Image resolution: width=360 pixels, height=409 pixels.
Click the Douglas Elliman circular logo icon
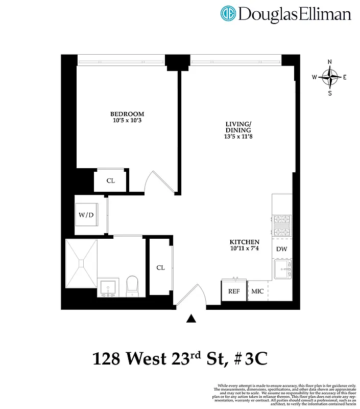coord(228,14)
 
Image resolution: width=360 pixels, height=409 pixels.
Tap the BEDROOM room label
coord(127,114)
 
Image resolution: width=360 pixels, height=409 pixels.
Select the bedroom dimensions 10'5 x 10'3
coord(127,121)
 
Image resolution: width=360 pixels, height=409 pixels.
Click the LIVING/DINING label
coord(238,127)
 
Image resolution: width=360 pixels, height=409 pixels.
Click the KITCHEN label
coord(245,242)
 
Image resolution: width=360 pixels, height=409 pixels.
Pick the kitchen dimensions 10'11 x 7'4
coord(245,249)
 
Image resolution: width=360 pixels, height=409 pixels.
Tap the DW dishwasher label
coord(281,249)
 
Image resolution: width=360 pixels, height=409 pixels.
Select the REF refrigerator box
coord(234,291)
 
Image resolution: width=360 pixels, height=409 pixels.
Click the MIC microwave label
coord(257,291)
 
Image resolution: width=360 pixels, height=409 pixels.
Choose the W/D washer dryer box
coord(86,215)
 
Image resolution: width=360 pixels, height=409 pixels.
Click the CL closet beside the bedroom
coord(110,180)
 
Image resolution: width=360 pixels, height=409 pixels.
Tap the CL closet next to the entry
coord(160,267)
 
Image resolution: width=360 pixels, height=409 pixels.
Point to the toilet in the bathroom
coord(133,286)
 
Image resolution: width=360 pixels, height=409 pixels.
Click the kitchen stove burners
coord(282,225)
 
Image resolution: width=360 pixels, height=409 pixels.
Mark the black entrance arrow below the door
coord(191,319)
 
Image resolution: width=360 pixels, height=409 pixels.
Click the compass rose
coord(330,78)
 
